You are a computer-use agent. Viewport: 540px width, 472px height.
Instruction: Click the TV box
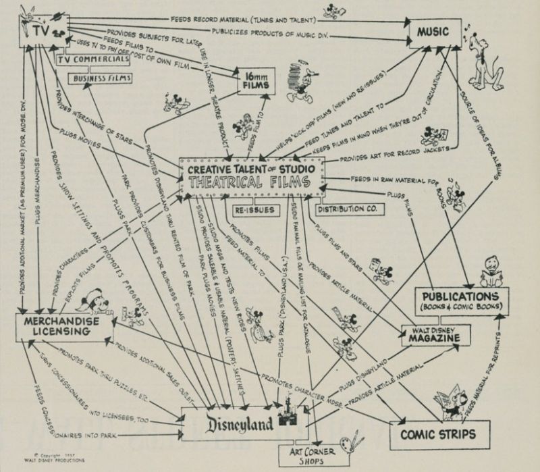(34, 29)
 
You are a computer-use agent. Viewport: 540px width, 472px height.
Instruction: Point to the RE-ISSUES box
(255, 210)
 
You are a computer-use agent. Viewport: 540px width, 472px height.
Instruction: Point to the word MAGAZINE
(433, 339)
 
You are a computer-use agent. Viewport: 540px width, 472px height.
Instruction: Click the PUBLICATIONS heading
(461, 296)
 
